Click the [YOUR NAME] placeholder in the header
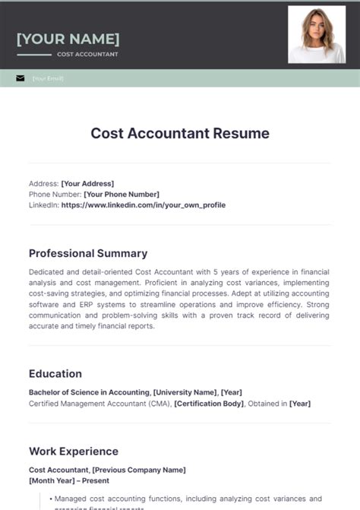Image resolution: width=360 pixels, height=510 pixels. tap(68, 39)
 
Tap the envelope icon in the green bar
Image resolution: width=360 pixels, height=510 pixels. tap(20, 78)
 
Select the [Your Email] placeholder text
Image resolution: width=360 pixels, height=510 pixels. tap(48, 78)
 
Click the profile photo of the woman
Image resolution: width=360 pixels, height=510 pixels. tap(316, 34)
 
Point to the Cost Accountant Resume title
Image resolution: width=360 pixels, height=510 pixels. tap(180, 133)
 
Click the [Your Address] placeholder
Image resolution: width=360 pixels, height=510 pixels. tap(87, 183)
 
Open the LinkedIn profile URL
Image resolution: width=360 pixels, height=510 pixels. tap(144, 204)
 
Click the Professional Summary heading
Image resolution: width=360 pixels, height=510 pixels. tap(88, 253)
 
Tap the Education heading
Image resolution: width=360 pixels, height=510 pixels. tap(55, 373)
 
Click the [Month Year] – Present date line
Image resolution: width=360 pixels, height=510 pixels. tap(69, 480)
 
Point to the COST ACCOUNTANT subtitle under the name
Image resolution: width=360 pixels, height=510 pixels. tap(87, 55)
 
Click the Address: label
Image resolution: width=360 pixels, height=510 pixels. tap(43, 183)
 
